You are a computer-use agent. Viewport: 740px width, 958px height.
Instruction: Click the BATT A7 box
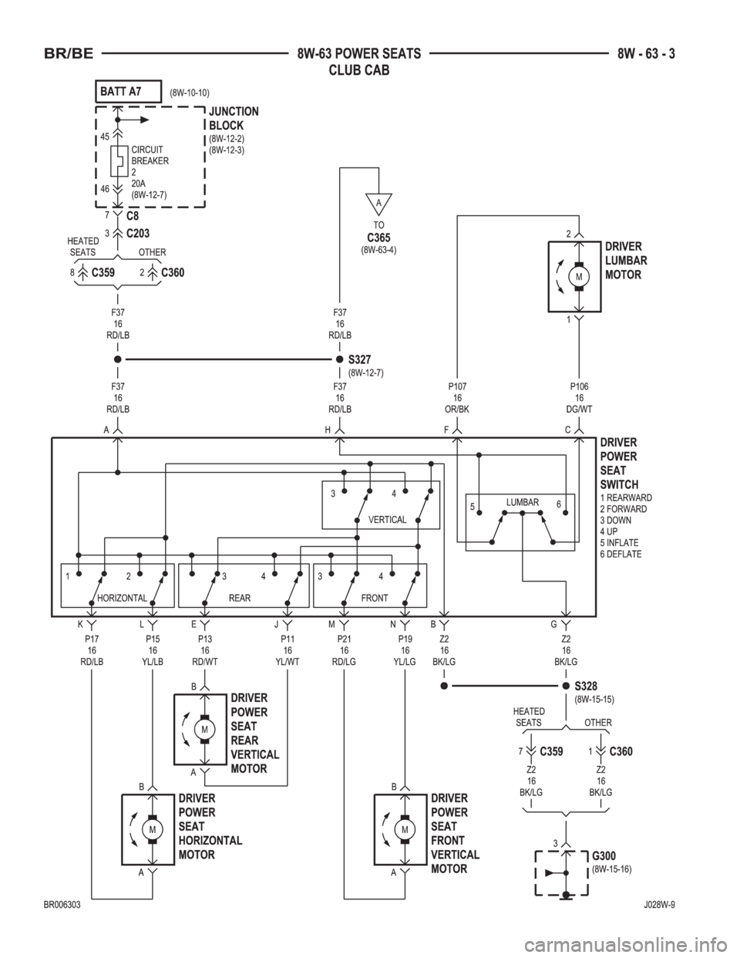point(128,91)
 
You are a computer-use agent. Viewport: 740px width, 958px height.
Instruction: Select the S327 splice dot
point(338,359)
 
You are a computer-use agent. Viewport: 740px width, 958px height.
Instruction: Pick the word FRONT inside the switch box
point(375,598)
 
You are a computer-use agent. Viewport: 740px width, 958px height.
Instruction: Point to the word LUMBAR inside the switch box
point(522,500)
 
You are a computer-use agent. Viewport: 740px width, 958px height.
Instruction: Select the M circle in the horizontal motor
point(153,829)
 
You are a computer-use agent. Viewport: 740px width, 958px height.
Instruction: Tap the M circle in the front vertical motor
point(405,829)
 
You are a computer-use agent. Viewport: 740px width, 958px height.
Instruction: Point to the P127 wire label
point(458,385)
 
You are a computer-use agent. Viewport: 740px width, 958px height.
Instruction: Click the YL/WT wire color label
point(287,660)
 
